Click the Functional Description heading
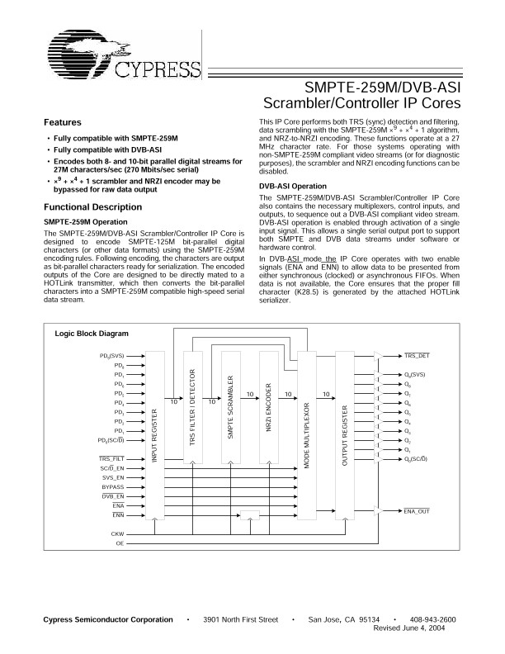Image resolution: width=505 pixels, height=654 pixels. click(92, 206)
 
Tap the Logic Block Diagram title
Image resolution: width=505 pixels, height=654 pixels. click(92, 334)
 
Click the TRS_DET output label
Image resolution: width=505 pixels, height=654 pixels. click(416, 355)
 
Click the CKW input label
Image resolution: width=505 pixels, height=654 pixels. click(117, 534)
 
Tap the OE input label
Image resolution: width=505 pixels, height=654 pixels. click(120, 544)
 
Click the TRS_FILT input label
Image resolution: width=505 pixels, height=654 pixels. click(111, 457)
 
